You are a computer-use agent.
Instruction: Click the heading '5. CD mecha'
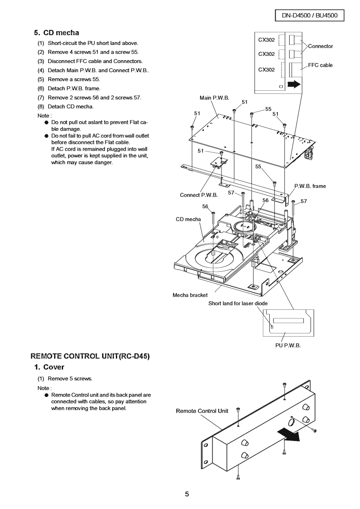coord(56,33)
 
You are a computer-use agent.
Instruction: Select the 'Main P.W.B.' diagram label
coord(214,98)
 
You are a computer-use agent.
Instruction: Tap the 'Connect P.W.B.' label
coord(199,195)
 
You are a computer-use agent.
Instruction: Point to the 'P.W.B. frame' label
coord(310,186)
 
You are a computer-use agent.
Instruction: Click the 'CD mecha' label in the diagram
coord(188,220)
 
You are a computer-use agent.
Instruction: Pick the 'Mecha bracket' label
coord(190,295)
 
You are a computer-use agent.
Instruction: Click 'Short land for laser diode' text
coord(238,303)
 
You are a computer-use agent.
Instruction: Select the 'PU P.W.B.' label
coord(288,346)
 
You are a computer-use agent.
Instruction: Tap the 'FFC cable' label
coord(320,65)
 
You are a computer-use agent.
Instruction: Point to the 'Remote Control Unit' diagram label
coord(202,411)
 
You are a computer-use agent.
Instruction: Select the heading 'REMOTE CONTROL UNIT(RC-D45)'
coord(90,356)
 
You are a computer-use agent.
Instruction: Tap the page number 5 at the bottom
coord(187,494)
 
